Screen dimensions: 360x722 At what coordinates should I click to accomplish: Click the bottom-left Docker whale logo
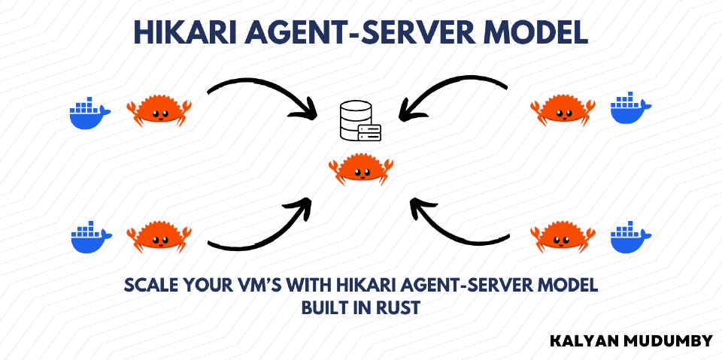91,237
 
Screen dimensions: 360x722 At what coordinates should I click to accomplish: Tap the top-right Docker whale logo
630,110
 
